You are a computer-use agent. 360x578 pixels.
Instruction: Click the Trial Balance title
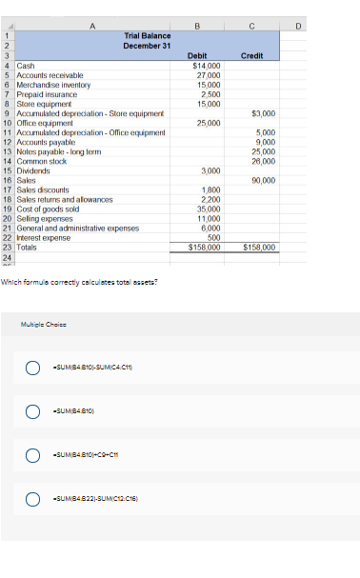coord(147,35)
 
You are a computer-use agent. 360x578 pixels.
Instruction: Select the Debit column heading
coord(198,56)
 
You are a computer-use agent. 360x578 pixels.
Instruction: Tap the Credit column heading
coord(251,56)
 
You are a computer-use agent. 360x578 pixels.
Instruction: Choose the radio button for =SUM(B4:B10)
coord(31,411)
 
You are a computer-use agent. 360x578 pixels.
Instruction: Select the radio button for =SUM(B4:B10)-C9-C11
coord(31,454)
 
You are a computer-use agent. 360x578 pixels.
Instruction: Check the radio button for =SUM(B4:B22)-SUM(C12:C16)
coord(31,497)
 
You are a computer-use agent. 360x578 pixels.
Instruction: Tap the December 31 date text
coord(147,45)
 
